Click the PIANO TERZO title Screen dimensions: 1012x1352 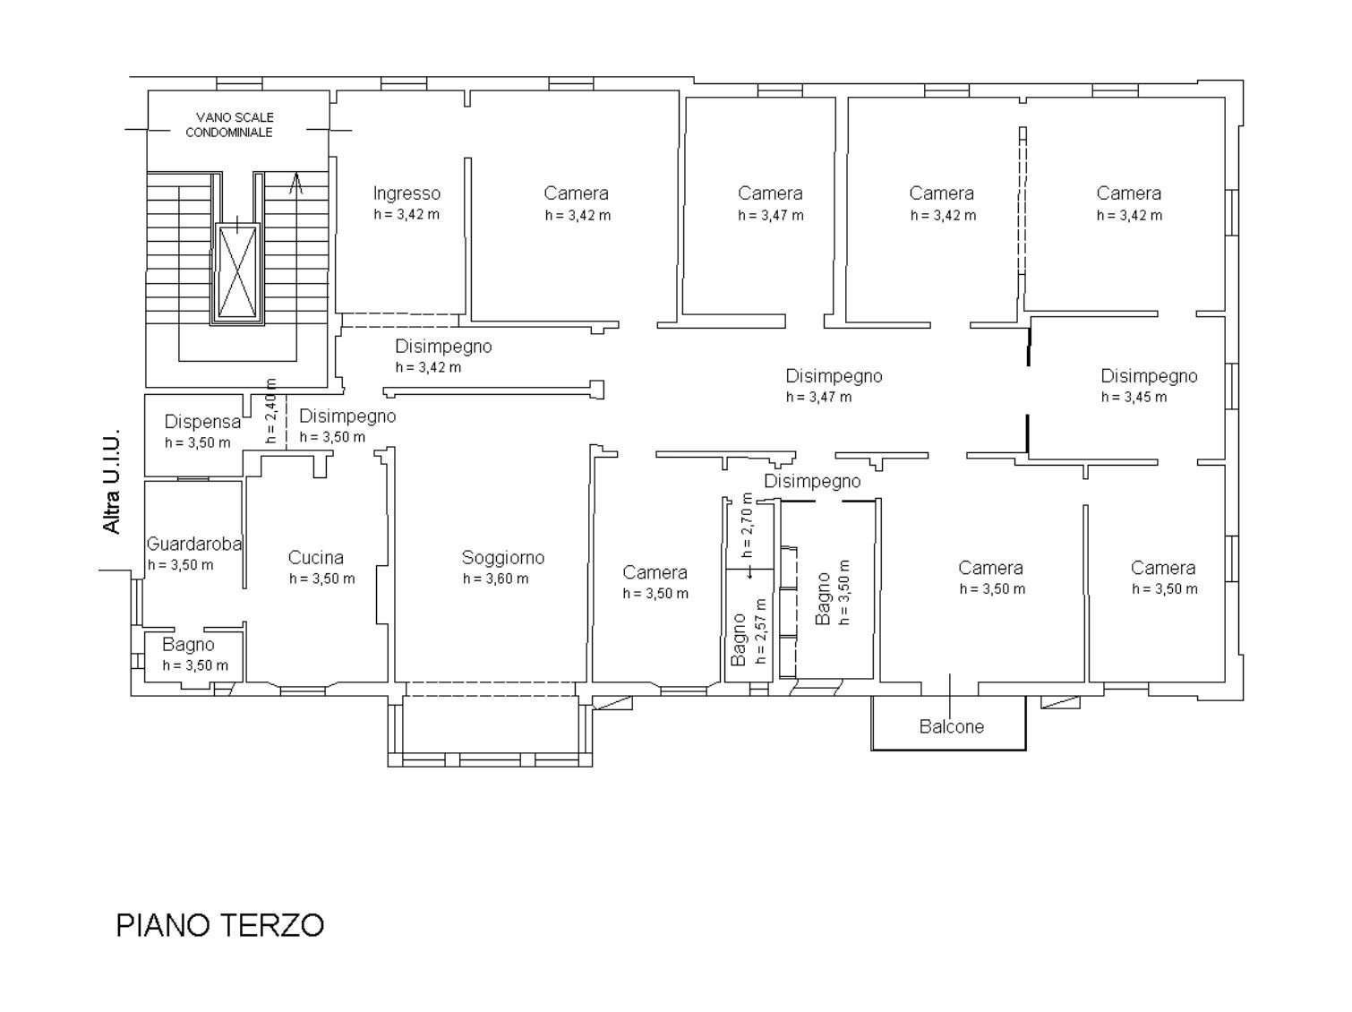pyautogui.click(x=219, y=924)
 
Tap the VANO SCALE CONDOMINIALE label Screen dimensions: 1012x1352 pyautogui.click(x=229, y=124)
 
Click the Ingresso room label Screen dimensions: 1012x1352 pyautogui.click(x=406, y=193)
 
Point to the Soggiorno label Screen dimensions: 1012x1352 pyautogui.click(x=502, y=558)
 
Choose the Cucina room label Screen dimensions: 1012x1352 pyautogui.click(x=315, y=558)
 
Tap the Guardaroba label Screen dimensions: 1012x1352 pyautogui.click(x=194, y=544)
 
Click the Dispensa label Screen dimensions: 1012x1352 pyautogui.click(x=202, y=422)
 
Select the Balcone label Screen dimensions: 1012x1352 pyautogui.click(x=951, y=726)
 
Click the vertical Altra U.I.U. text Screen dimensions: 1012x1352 pyautogui.click(x=112, y=485)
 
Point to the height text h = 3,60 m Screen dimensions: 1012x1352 pyautogui.click(x=495, y=579)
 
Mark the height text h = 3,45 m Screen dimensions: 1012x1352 pyautogui.click(x=1134, y=398)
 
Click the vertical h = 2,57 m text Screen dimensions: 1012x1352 pyautogui.click(x=761, y=630)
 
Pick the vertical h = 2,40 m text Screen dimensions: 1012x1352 pyautogui.click(x=271, y=411)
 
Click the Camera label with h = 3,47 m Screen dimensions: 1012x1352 pyautogui.click(x=770, y=193)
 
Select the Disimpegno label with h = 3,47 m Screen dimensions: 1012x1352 pyautogui.click(x=834, y=376)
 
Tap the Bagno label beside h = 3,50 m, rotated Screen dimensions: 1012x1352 pyautogui.click(x=823, y=598)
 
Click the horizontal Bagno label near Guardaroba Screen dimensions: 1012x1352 pyautogui.click(x=188, y=645)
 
